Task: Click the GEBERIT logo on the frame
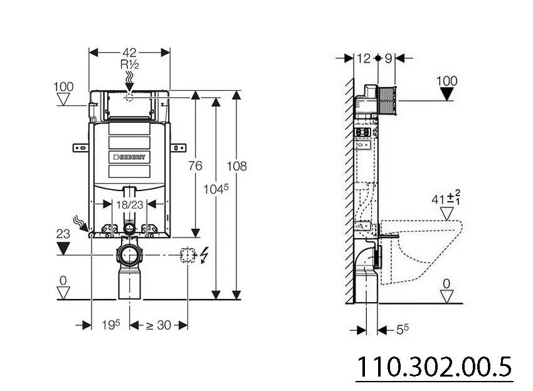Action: [130, 157]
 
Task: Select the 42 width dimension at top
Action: [130, 53]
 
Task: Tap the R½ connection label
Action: [130, 64]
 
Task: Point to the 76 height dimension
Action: [195, 165]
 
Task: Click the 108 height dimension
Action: [236, 165]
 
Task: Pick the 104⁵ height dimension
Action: [217, 188]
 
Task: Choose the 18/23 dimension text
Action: [129, 204]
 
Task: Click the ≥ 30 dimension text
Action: [159, 325]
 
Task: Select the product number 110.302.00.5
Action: [434, 367]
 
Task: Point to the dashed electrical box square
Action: [187, 255]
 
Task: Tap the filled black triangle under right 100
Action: [447, 94]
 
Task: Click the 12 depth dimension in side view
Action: [364, 58]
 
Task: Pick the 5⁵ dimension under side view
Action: [403, 328]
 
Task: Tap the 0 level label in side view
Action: [446, 284]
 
